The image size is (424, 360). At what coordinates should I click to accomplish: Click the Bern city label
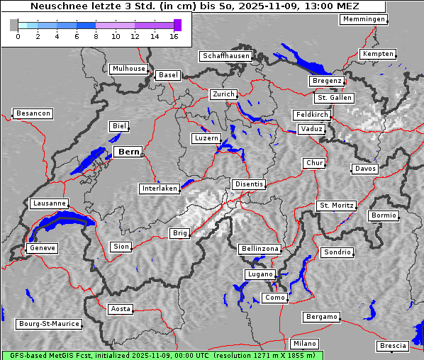(x=128, y=152)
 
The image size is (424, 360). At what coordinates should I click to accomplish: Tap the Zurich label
(x=223, y=94)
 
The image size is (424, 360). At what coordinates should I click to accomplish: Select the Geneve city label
(x=42, y=248)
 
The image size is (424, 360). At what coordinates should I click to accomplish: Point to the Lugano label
(x=259, y=274)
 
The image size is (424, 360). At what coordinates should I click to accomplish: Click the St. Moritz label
(x=336, y=206)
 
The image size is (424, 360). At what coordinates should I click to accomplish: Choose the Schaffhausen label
(x=225, y=56)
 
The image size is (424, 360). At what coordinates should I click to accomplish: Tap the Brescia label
(x=393, y=346)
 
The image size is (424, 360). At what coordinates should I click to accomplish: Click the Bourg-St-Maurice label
(x=49, y=324)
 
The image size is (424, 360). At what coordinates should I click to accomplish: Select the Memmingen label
(x=363, y=19)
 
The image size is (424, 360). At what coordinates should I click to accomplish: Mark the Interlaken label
(x=160, y=189)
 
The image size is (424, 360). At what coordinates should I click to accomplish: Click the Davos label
(x=365, y=169)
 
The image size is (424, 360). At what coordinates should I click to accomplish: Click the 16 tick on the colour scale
(x=174, y=36)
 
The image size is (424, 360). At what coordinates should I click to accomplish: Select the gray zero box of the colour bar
(x=14, y=26)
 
